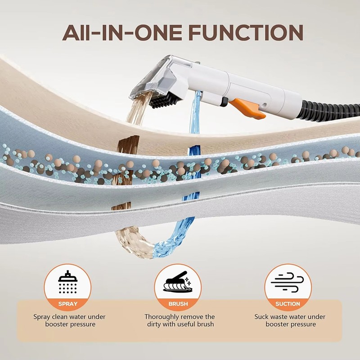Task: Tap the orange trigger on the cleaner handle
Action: pos(248,108)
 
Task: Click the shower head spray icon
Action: pos(67,282)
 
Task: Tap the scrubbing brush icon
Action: pos(177,283)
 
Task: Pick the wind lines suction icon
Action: pos(287,283)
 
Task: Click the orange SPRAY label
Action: pos(68,304)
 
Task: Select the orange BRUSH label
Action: pos(178,304)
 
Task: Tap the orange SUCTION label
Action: pos(288,304)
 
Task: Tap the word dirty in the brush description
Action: pos(154,324)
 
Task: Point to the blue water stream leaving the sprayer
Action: pos(195,112)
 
